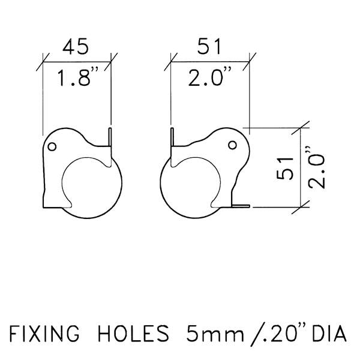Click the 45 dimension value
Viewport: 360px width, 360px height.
(x=76, y=47)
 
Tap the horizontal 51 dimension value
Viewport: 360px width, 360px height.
(x=209, y=47)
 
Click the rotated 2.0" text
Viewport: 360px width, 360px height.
(x=317, y=167)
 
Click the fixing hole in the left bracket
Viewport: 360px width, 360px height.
(x=52, y=146)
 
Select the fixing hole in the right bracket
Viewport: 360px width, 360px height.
(x=232, y=145)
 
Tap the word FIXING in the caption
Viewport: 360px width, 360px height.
(x=44, y=333)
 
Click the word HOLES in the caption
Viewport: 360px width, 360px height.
(x=133, y=333)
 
